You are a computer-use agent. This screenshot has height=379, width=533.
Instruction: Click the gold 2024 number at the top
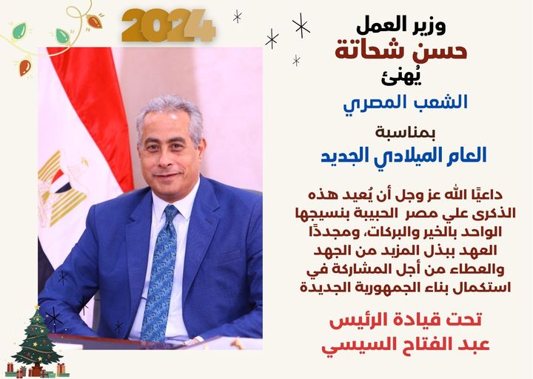coord(169,26)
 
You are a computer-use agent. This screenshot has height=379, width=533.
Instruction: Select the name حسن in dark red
coord(444,50)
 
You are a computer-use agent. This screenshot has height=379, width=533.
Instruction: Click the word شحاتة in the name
coord(376,50)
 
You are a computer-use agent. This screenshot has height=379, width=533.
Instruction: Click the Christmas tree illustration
coord(37,341)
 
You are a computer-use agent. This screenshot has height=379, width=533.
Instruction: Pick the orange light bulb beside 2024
coord(95,22)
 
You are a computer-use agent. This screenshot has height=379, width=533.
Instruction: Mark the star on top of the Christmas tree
coord(37,308)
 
